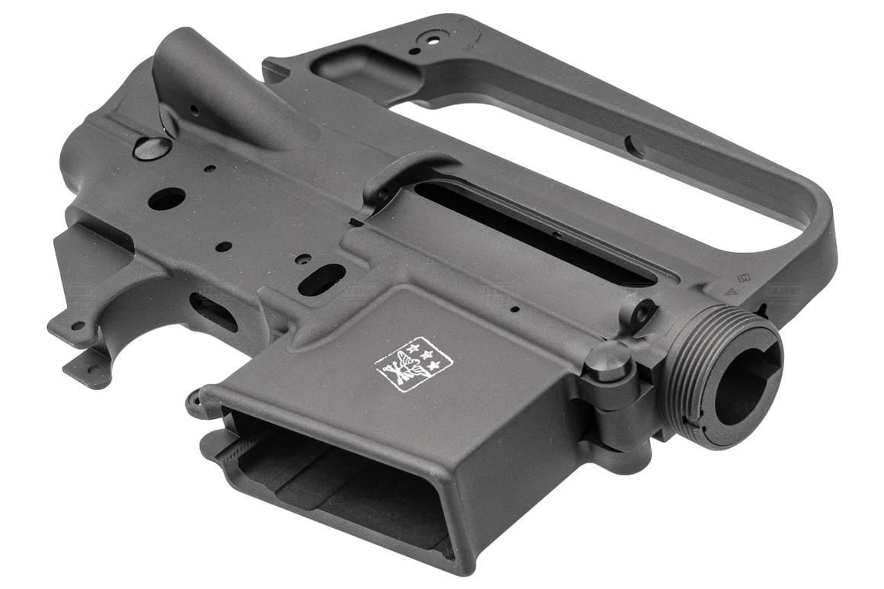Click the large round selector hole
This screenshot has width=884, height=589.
coord(167,199)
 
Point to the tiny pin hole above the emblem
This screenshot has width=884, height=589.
coord(515,310)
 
